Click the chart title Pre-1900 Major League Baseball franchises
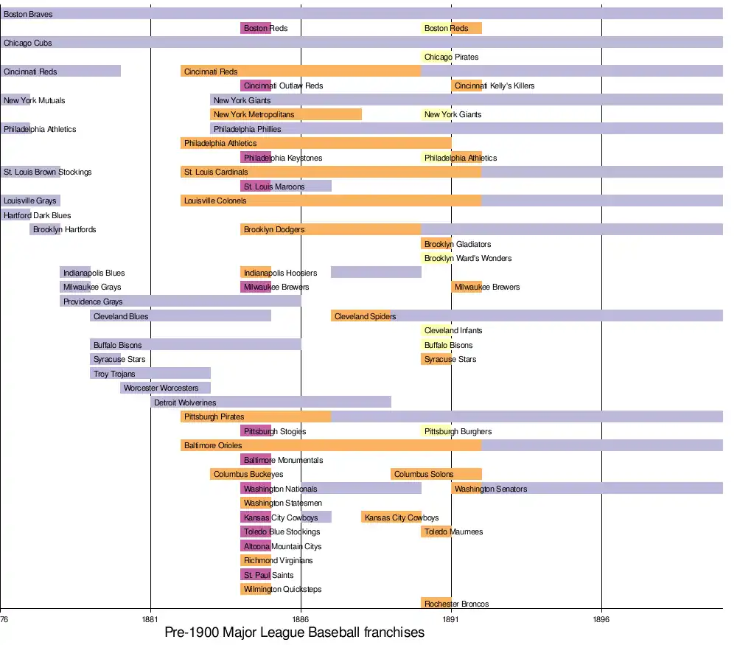(x=294, y=632)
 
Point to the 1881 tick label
(x=150, y=620)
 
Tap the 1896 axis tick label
(x=601, y=620)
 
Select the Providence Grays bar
(x=180, y=301)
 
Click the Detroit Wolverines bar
(x=270, y=402)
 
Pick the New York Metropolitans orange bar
(x=286, y=114)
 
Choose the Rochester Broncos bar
(x=436, y=604)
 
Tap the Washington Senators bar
(x=587, y=489)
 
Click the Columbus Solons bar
(x=436, y=474)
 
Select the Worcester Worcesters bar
(x=165, y=388)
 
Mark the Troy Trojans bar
(x=150, y=374)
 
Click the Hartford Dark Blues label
(x=38, y=215)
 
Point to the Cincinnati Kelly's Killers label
(x=495, y=86)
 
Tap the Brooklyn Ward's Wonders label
(x=468, y=258)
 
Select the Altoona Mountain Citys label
(x=283, y=546)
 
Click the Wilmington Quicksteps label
(x=283, y=589)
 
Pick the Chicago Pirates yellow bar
(x=436, y=57)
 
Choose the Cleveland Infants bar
(x=436, y=330)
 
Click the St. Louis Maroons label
(x=274, y=186)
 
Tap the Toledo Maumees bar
(x=436, y=531)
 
